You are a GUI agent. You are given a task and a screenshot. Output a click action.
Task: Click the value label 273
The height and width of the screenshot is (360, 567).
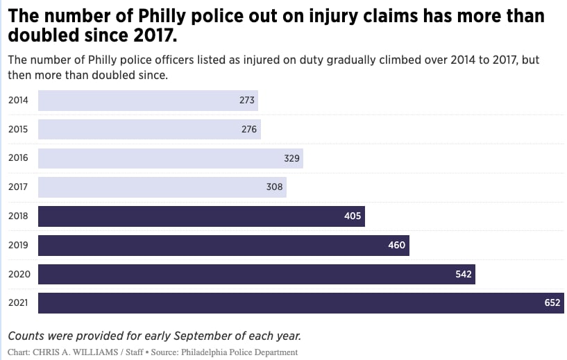pyautogui.click(x=247, y=101)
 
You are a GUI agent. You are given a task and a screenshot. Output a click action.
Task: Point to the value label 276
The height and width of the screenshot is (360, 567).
pyautogui.click(x=249, y=130)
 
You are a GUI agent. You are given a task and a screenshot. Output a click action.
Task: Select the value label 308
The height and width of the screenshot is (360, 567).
pyautogui.click(x=275, y=187)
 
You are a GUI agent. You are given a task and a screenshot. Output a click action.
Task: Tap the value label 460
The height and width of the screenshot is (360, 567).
pyautogui.click(x=396, y=246)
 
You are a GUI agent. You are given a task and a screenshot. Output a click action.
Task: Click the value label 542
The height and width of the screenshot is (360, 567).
pyautogui.click(x=463, y=275)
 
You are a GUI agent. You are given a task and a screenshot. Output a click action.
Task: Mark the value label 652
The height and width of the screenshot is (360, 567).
pyautogui.click(x=552, y=303)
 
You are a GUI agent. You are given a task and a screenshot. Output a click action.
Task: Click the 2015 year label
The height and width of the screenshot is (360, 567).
pyautogui.click(x=18, y=130)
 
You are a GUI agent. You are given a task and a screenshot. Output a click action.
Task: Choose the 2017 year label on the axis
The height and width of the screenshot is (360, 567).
pyautogui.click(x=18, y=187)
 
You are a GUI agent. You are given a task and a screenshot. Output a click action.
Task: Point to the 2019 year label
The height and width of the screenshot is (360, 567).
pyautogui.click(x=18, y=246)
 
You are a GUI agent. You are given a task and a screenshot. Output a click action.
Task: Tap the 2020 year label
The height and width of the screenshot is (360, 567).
pyautogui.click(x=18, y=275)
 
